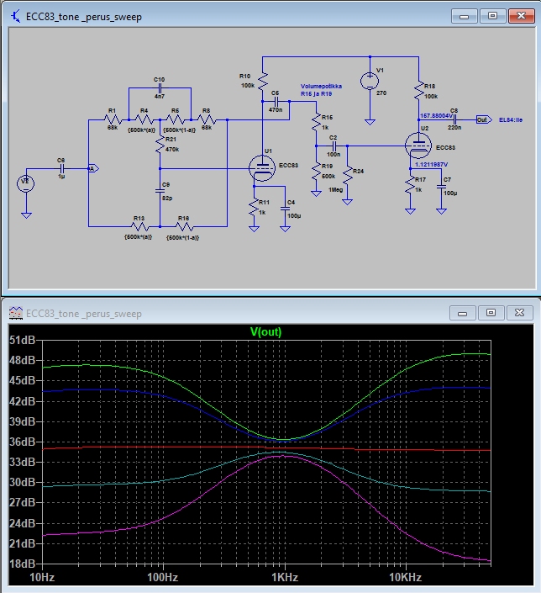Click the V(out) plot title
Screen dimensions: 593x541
[266, 331]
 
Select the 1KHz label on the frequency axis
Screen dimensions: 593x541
[284, 577]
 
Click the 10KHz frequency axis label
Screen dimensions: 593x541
[404, 577]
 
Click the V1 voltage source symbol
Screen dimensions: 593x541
[369, 81]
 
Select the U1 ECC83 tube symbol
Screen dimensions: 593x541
[263, 168]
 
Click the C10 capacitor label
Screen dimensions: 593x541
[159, 78]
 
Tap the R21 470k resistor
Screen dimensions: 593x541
[160, 146]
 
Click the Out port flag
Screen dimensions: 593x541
[482, 119]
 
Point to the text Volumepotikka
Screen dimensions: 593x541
[323, 87]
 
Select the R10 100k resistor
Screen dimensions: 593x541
[262, 82]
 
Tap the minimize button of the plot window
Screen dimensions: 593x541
[464, 313]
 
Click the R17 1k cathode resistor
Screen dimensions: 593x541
[411, 183]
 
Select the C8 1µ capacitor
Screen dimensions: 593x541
[60, 168]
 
